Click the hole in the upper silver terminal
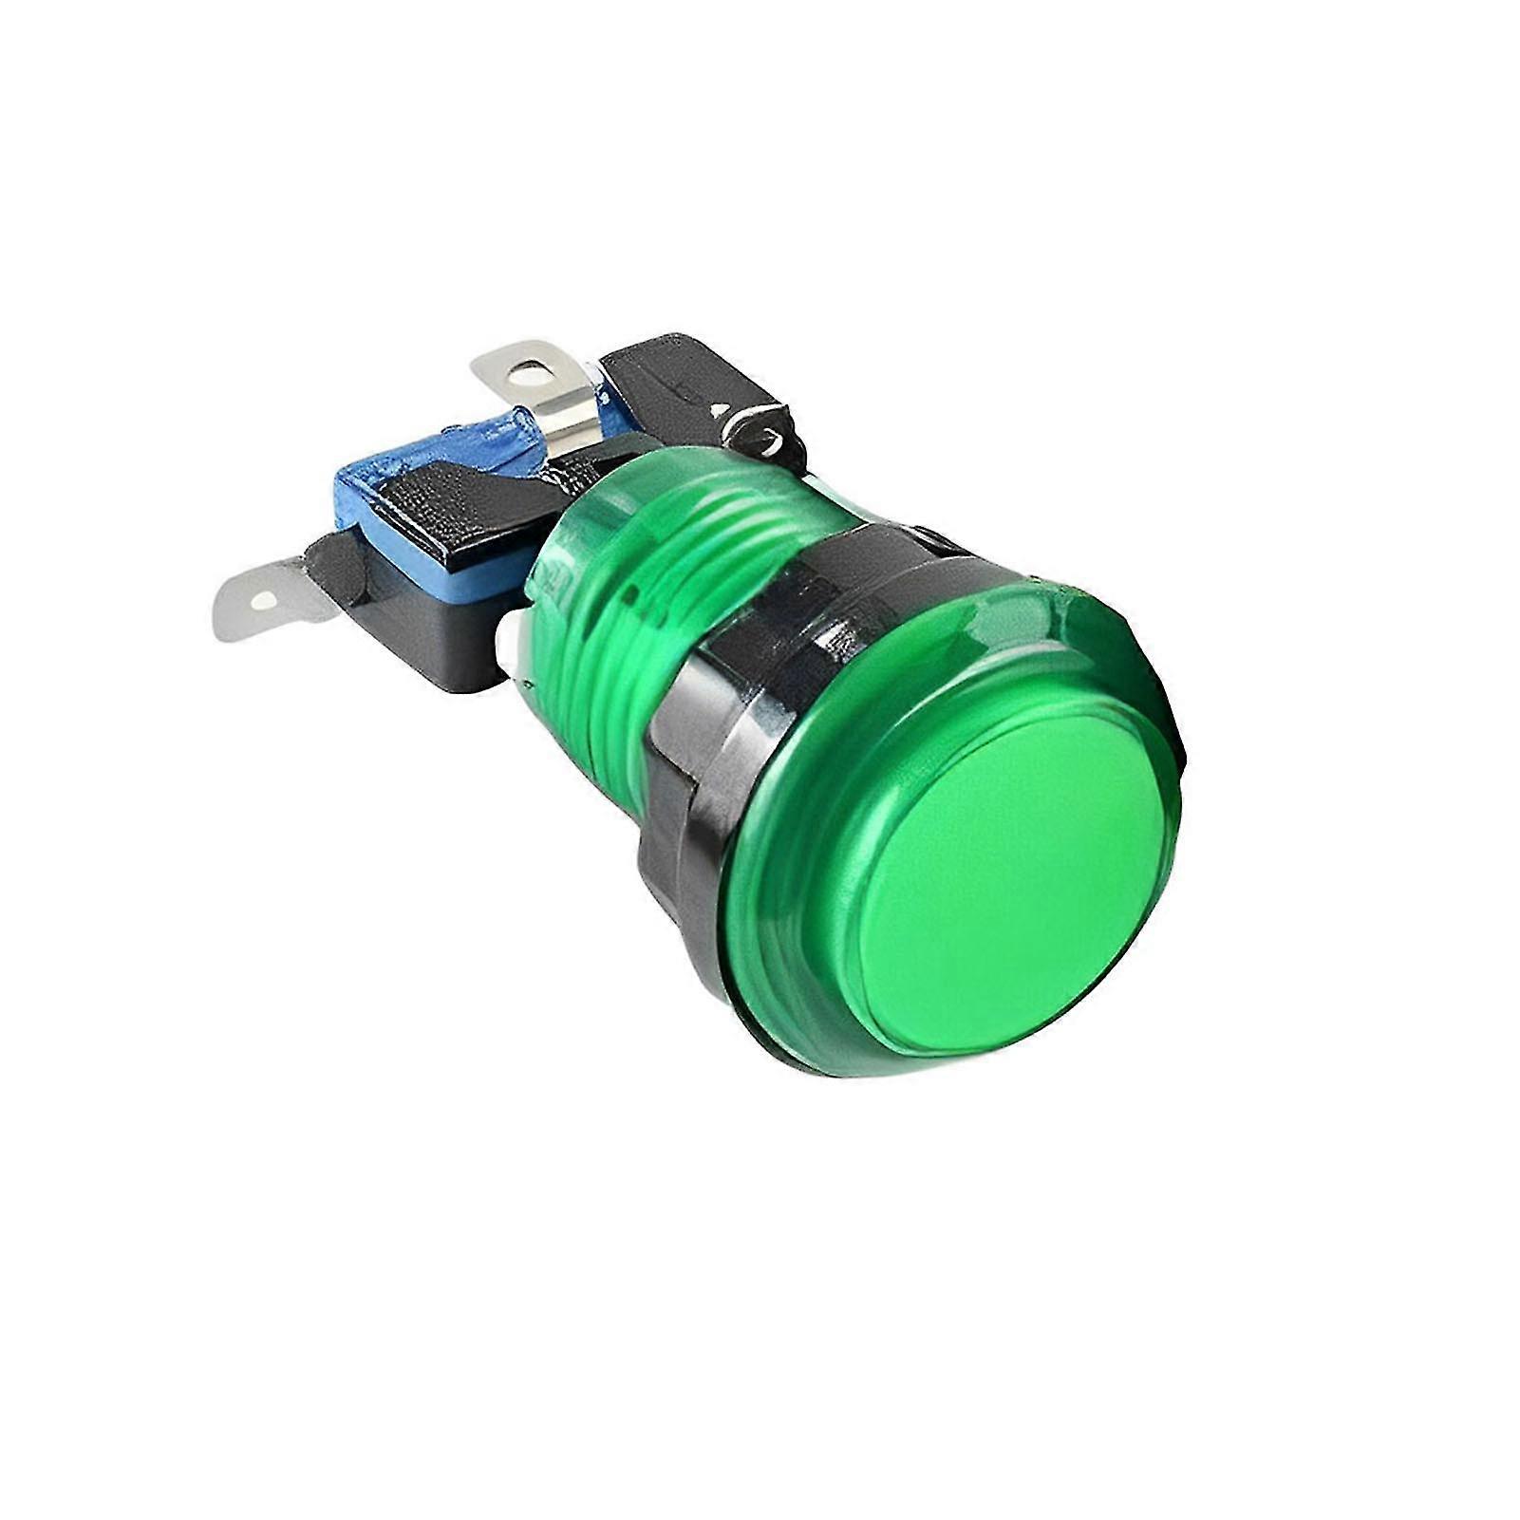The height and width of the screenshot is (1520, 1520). click(529, 373)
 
